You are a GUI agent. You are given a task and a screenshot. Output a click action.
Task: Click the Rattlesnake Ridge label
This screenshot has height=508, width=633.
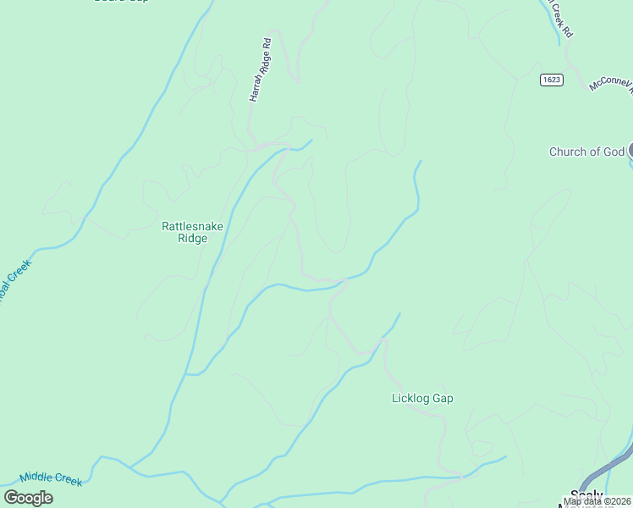[185, 232]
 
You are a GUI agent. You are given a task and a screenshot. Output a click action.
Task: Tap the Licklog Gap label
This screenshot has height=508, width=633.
[422, 398]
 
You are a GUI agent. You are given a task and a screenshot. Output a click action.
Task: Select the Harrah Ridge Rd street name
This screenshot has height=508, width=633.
[261, 70]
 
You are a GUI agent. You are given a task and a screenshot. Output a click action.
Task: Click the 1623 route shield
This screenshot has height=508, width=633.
[551, 80]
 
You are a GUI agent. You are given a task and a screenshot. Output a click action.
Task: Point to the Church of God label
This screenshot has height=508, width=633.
[586, 152]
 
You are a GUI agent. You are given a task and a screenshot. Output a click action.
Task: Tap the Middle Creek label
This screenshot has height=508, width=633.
[51, 479]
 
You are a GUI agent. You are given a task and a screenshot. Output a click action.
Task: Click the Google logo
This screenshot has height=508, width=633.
[28, 498]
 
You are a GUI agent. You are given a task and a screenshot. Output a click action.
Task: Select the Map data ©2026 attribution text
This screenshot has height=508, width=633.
[597, 501]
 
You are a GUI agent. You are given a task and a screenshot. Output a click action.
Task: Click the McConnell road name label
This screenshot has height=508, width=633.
[611, 85]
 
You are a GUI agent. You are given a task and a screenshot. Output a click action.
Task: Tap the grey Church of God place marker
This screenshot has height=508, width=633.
[630, 151]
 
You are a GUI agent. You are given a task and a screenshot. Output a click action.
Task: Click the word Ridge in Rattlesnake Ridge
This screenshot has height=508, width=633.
[185, 239]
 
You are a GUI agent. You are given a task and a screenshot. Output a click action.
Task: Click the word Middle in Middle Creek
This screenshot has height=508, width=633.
[36, 478]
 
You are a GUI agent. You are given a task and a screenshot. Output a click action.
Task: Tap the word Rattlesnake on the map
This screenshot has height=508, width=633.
[185, 226]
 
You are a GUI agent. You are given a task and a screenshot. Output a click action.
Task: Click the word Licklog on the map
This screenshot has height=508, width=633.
[410, 398]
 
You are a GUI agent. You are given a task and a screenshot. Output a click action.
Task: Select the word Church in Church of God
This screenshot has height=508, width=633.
[568, 152]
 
